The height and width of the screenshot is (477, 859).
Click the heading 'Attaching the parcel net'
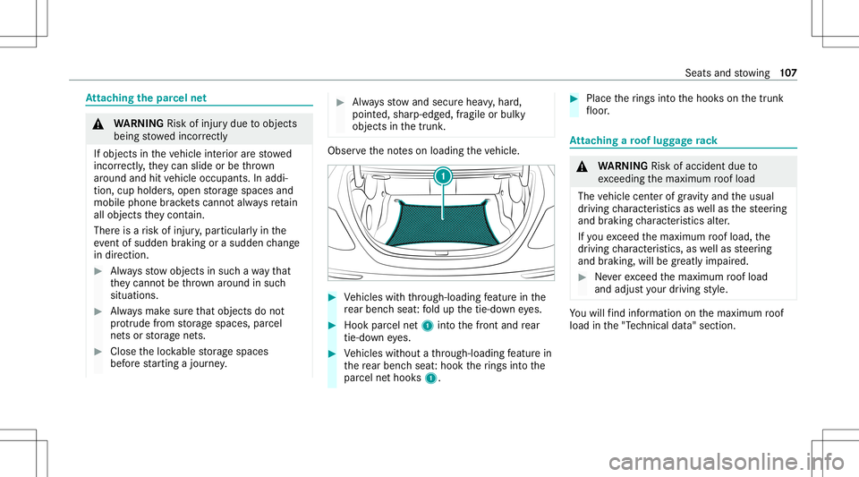pos(146,98)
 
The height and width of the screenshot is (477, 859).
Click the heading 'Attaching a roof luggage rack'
pos(643,141)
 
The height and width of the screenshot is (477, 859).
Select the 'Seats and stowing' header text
pos(727,72)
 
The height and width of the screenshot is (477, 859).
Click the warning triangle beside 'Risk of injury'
pos(98,124)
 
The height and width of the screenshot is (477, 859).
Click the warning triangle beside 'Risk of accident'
pos(583,166)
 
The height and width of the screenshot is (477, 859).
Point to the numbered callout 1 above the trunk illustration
pos(443,176)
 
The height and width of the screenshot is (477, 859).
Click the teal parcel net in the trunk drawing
pos(443,222)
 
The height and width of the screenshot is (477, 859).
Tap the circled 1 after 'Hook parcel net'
pos(428,326)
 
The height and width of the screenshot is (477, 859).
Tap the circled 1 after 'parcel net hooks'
pos(431,379)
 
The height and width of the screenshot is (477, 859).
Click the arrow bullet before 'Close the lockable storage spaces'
pos(98,352)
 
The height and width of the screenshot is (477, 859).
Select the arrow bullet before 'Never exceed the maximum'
pos(583,277)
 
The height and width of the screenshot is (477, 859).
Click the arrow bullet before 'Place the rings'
pos(574,98)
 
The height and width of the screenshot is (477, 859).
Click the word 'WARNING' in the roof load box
pos(623,166)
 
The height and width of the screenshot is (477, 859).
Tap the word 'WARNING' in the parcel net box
pos(139,124)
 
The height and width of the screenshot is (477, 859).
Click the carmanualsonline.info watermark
pos(726,462)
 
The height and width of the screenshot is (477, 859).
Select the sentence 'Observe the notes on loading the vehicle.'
pos(423,150)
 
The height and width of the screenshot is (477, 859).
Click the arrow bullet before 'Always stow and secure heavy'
pos(340,102)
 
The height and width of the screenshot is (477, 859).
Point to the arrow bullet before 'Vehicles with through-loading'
pos(332,297)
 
